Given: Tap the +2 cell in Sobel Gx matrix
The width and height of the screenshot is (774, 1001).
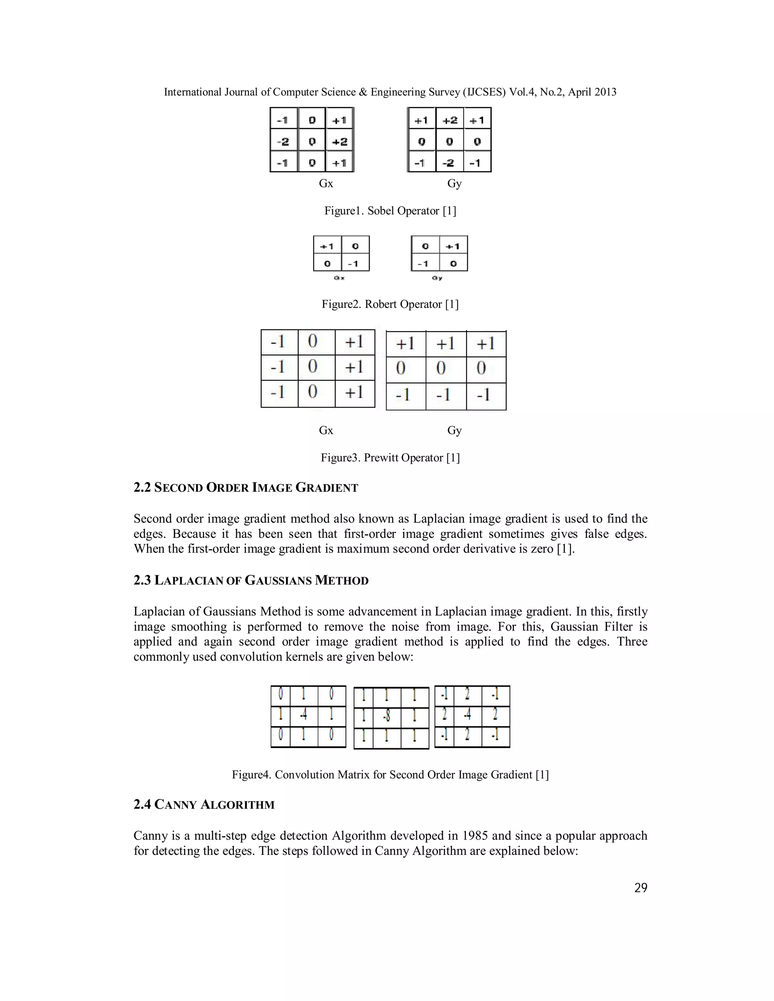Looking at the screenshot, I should point(340,142).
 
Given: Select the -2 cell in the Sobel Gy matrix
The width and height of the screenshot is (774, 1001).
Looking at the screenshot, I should point(449,163).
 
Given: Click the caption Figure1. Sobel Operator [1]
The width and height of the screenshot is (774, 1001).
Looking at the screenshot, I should point(390,211).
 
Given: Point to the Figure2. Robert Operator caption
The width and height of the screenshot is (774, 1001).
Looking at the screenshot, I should point(390,304).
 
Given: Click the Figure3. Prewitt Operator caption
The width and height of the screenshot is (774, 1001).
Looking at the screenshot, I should point(390,458).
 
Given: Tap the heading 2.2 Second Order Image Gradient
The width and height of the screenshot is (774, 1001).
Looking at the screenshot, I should point(246,488).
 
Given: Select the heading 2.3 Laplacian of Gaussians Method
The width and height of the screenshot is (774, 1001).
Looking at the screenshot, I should point(251,581).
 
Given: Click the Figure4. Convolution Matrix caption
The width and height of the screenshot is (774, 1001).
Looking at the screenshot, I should point(390,775).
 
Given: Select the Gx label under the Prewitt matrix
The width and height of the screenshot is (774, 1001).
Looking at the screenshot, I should point(326,430).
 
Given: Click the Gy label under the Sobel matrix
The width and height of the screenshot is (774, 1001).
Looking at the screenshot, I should point(454,183).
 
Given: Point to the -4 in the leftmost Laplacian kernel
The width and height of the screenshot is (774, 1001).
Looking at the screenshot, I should point(303,716).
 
